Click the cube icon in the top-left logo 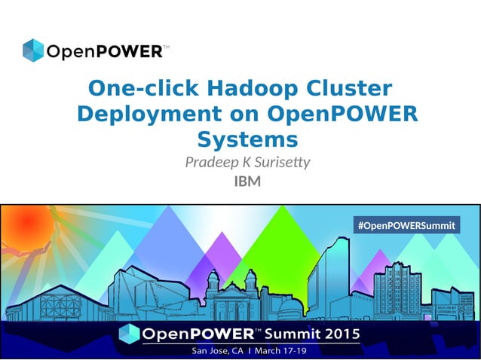tap(33, 50)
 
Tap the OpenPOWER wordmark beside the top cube tap(105, 52)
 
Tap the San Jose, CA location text tap(218, 350)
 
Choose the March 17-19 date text tap(286, 350)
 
